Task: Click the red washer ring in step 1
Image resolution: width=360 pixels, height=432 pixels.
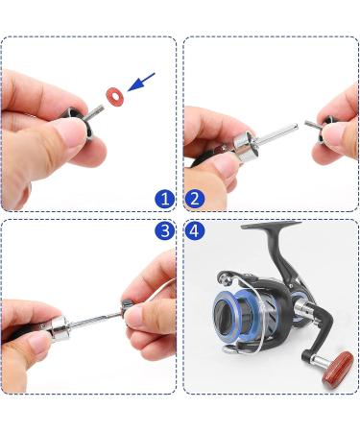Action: coord(114,98)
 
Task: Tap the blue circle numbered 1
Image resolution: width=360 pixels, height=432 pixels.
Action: coord(165,200)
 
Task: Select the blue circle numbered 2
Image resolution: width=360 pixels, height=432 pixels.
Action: coord(196,200)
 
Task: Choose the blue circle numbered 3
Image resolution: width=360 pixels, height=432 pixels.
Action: coord(165,231)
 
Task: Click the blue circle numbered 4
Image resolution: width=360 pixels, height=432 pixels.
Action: coord(196,231)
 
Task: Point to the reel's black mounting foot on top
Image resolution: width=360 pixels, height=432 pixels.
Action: coord(272,228)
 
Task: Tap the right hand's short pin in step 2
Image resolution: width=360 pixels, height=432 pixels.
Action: coord(313,123)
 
